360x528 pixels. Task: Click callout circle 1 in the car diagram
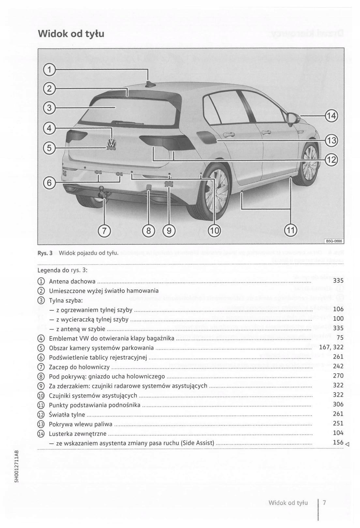[49, 70]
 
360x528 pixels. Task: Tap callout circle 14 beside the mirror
[331, 116]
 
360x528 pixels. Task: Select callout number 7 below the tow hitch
[104, 231]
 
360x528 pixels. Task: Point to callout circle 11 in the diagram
[290, 231]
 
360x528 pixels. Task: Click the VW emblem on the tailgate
[112, 143]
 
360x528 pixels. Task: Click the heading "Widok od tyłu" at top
[71, 34]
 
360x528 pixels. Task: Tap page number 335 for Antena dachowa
[338, 281]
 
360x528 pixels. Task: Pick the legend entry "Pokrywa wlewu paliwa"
[81, 424]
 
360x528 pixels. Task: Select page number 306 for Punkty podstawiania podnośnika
[338, 404]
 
